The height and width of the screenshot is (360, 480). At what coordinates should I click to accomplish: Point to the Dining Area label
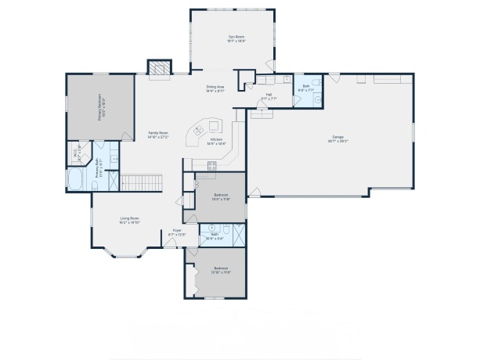[215, 88]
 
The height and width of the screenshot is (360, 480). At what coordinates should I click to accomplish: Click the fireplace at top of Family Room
[160, 69]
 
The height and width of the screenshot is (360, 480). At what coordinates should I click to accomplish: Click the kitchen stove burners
[211, 164]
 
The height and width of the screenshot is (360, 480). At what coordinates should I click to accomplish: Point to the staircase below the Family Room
[141, 183]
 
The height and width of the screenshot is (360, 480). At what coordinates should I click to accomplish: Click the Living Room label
[129, 221]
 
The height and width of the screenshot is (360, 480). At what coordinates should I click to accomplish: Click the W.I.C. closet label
[78, 150]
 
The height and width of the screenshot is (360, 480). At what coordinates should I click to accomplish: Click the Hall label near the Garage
[269, 96]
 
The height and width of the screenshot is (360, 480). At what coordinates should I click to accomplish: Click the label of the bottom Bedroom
[222, 270]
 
